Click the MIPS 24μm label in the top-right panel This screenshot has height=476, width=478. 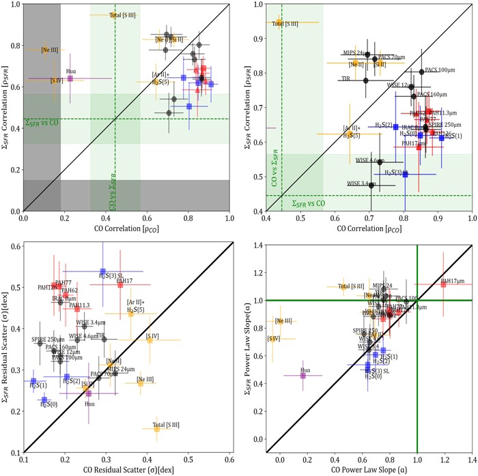tap(356, 53)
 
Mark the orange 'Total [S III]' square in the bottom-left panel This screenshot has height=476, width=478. tap(156, 428)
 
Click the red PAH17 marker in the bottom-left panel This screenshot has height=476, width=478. tap(120, 284)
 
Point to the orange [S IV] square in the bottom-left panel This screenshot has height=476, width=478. tap(150, 339)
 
